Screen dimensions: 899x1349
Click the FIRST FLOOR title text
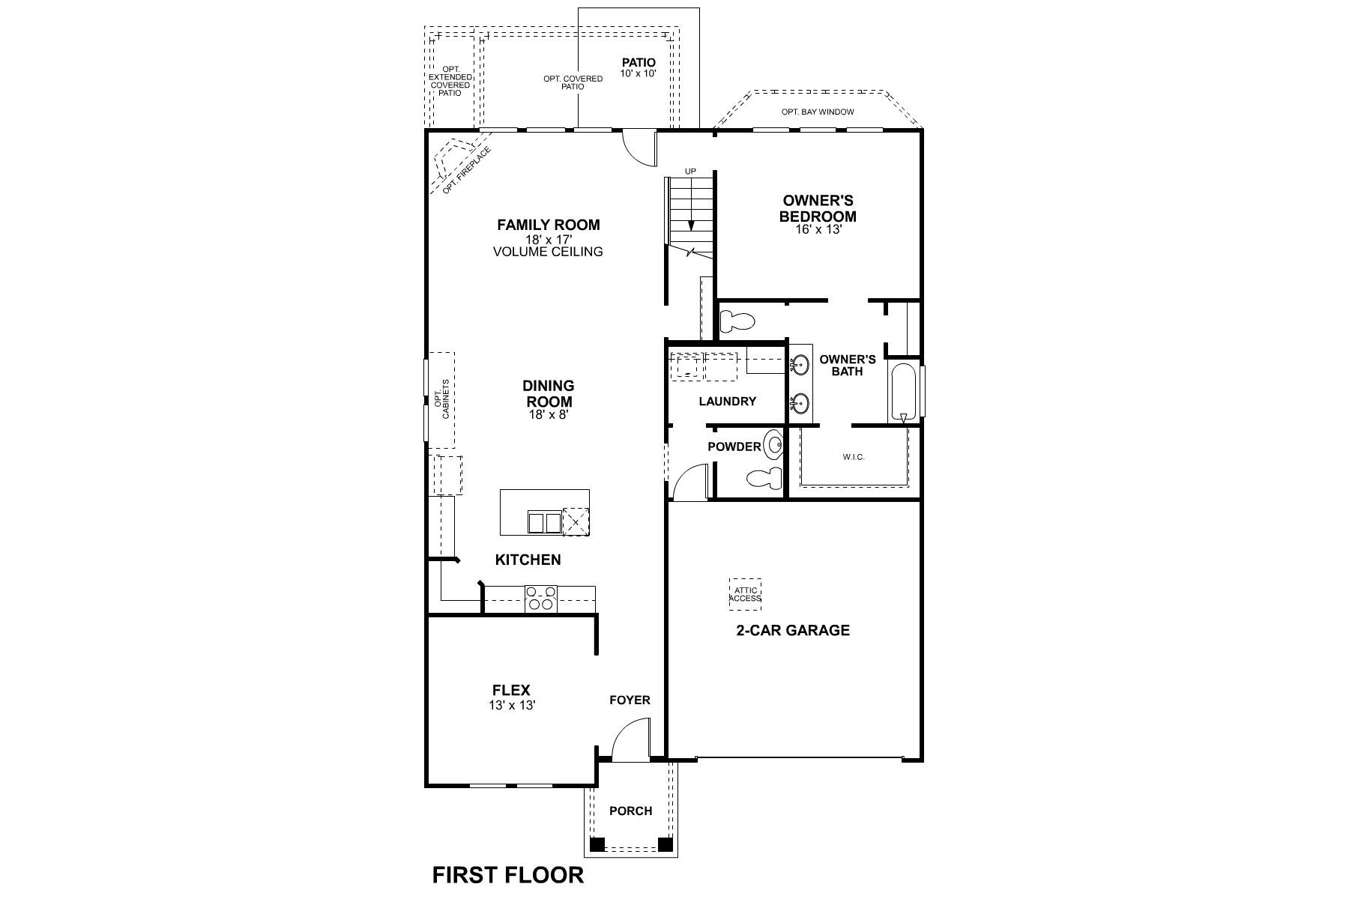click(507, 874)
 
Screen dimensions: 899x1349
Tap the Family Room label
click(548, 225)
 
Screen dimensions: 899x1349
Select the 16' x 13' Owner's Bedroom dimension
click(818, 230)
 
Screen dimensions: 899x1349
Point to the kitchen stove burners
click(541, 599)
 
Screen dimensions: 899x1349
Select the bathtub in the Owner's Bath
click(903, 392)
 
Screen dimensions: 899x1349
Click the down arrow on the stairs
click(691, 223)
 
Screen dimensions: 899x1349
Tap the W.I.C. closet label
click(854, 457)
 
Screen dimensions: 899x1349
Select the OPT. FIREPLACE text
click(466, 171)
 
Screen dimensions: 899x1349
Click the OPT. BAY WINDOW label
click(818, 112)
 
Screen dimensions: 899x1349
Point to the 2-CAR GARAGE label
click(792, 630)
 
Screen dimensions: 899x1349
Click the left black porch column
click(597, 844)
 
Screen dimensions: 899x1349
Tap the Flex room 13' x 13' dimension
click(513, 705)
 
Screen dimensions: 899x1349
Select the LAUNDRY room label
click(727, 402)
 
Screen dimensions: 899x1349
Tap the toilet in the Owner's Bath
click(737, 322)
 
